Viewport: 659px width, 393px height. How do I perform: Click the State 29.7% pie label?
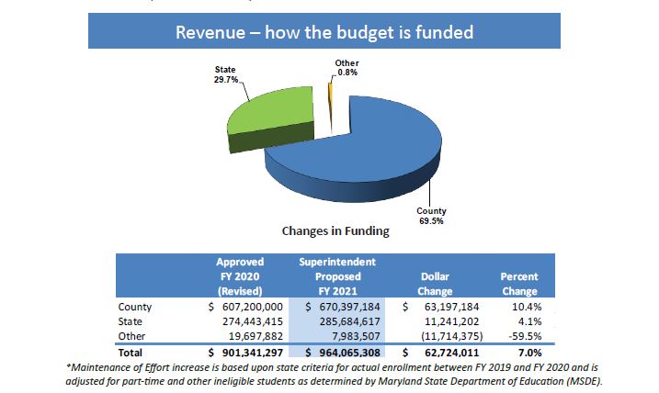pos(225,74)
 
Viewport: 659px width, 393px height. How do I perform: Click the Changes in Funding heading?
pos(329,230)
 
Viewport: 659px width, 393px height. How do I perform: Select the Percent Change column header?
pos(519,283)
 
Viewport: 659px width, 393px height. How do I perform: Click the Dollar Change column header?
pos(435,283)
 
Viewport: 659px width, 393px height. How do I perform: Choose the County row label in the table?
pos(135,306)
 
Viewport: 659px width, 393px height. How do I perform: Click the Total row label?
pos(132,352)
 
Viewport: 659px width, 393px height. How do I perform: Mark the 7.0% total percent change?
pos(528,352)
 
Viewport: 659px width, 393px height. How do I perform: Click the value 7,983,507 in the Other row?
pos(353,335)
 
